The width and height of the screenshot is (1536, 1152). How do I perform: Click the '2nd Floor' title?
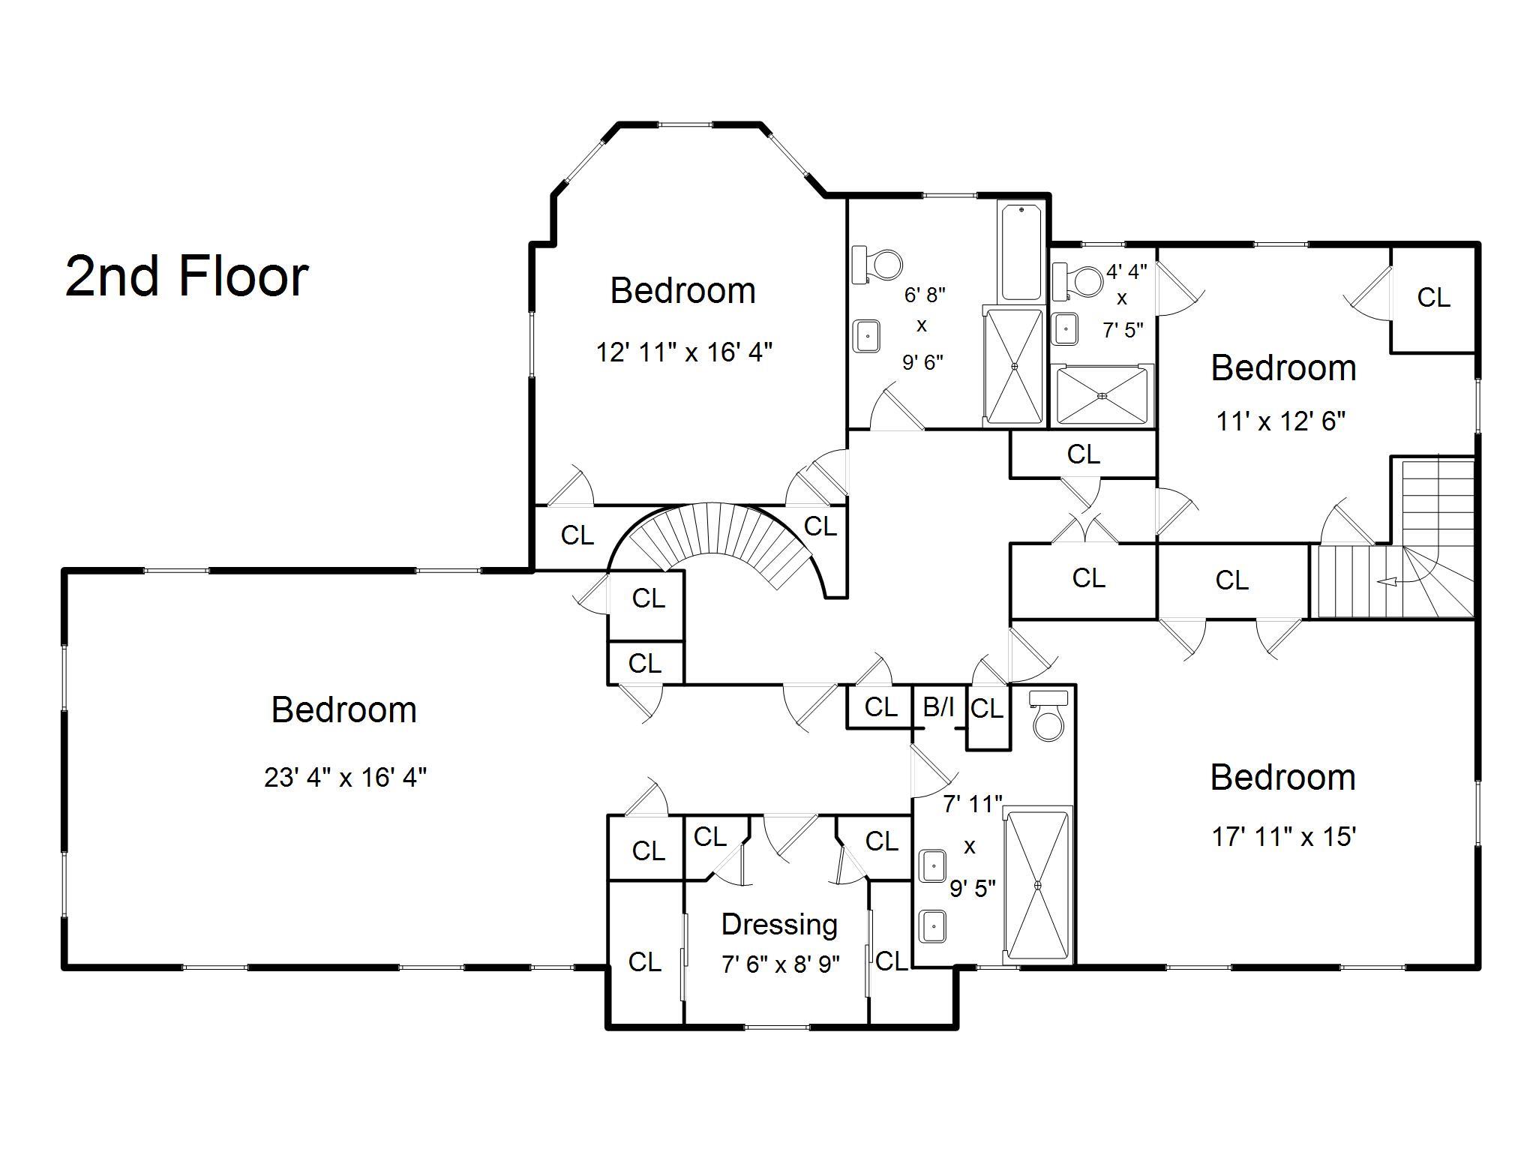click(x=187, y=276)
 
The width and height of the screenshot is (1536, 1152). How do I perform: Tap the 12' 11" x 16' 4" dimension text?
click(x=684, y=352)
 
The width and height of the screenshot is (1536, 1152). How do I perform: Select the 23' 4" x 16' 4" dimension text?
click(x=345, y=777)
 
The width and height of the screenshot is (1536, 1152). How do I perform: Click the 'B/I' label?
click(x=938, y=706)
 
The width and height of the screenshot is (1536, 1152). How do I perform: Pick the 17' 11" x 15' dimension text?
click(x=1283, y=836)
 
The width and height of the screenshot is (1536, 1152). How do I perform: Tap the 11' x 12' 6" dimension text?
click(x=1281, y=421)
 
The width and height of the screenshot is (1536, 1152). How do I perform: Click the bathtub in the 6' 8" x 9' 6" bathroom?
click(x=1021, y=252)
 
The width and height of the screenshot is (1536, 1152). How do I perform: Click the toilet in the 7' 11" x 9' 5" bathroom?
click(x=1048, y=716)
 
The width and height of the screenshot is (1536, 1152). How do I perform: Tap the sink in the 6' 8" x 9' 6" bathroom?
click(x=868, y=335)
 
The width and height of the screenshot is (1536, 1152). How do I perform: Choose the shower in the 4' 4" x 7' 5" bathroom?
click(x=1102, y=395)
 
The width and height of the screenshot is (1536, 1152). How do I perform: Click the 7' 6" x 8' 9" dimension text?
click(x=781, y=964)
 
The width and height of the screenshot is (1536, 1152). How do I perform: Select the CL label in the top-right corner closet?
click(x=1433, y=298)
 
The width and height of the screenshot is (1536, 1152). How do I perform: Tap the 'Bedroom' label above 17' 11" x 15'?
click(x=1283, y=778)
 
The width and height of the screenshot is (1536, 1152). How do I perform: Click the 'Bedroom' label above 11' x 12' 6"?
click(x=1284, y=368)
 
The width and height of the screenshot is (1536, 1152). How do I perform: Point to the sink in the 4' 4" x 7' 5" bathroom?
click(x=1065, y=328)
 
